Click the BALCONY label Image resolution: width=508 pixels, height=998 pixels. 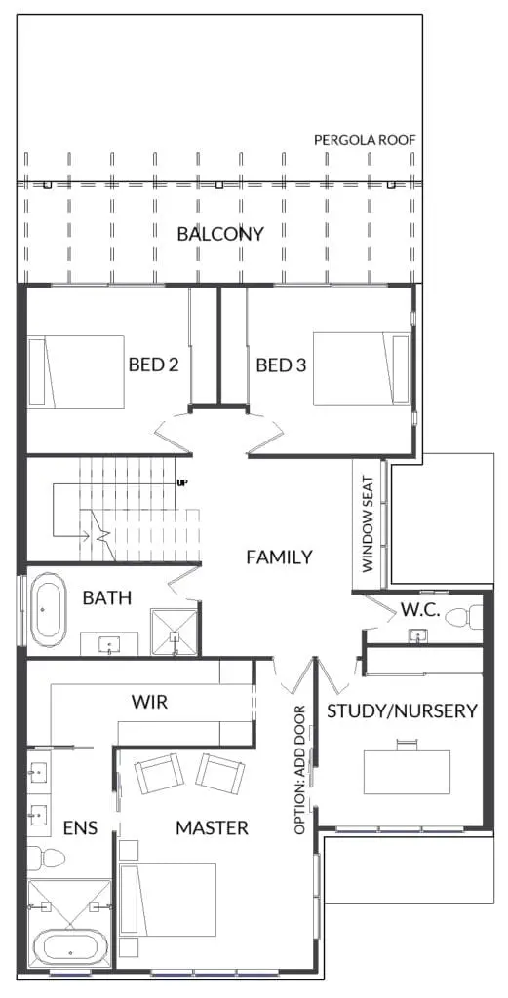(x=219, y=234)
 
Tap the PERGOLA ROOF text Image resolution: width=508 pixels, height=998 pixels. (x=365, y=140)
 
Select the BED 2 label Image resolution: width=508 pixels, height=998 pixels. (x=153, y=365)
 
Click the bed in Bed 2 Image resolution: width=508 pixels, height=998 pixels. (x=76, y=371)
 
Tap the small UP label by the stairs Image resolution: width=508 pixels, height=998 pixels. (x=182, y=482)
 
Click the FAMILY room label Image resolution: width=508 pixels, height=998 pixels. (x=280, y=557)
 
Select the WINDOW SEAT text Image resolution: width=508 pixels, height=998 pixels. (x=368, y=524)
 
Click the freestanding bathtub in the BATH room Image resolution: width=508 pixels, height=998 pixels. (x=49, y=610)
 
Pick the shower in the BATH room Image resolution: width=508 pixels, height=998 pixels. (x=174, y=632)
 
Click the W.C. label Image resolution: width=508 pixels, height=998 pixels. (x=420, y=610)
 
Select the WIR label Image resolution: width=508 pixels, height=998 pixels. (x=149, y=703)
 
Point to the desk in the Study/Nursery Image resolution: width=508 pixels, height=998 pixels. (x=407, y=772)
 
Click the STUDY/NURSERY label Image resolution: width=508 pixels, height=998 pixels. (x=402, y=710)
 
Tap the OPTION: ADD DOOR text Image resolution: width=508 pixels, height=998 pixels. (x=300, y=770)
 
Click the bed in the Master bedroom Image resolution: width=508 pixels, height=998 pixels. (x=169, y=900)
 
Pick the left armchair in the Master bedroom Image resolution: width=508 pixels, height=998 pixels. (x=159, y=773)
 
